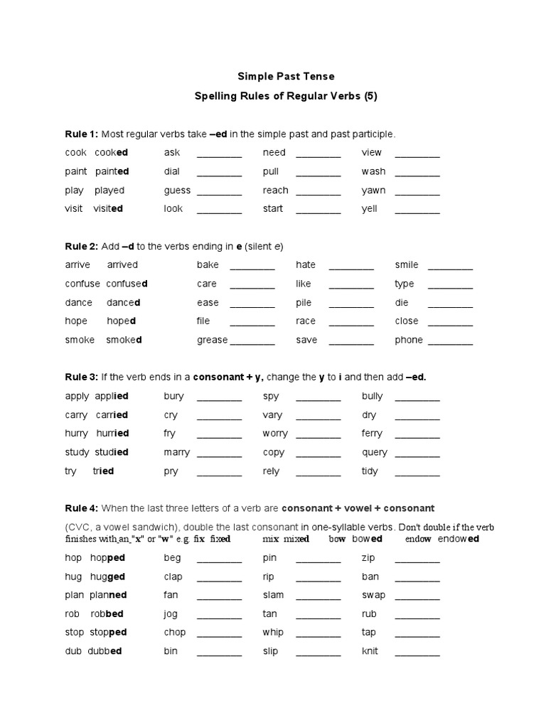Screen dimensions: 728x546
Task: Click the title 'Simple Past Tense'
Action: point(284,76)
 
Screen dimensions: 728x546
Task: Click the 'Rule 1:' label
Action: point(82,134)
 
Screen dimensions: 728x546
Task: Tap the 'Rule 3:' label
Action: point(82,377)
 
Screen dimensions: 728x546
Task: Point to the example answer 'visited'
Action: point(108,208)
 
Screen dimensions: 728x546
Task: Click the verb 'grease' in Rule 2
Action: point(212,340)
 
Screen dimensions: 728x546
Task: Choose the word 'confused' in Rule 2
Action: point(127,284)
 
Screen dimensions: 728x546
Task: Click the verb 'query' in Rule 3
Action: point(375,452)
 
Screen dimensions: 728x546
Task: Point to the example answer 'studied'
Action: point(111,452)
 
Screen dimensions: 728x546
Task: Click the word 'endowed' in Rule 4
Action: point(459,539)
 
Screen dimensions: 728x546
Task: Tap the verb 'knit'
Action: point(370,651)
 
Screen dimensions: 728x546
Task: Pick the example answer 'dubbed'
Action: point(105,651)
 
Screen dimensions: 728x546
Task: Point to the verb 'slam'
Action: point(273,595)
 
